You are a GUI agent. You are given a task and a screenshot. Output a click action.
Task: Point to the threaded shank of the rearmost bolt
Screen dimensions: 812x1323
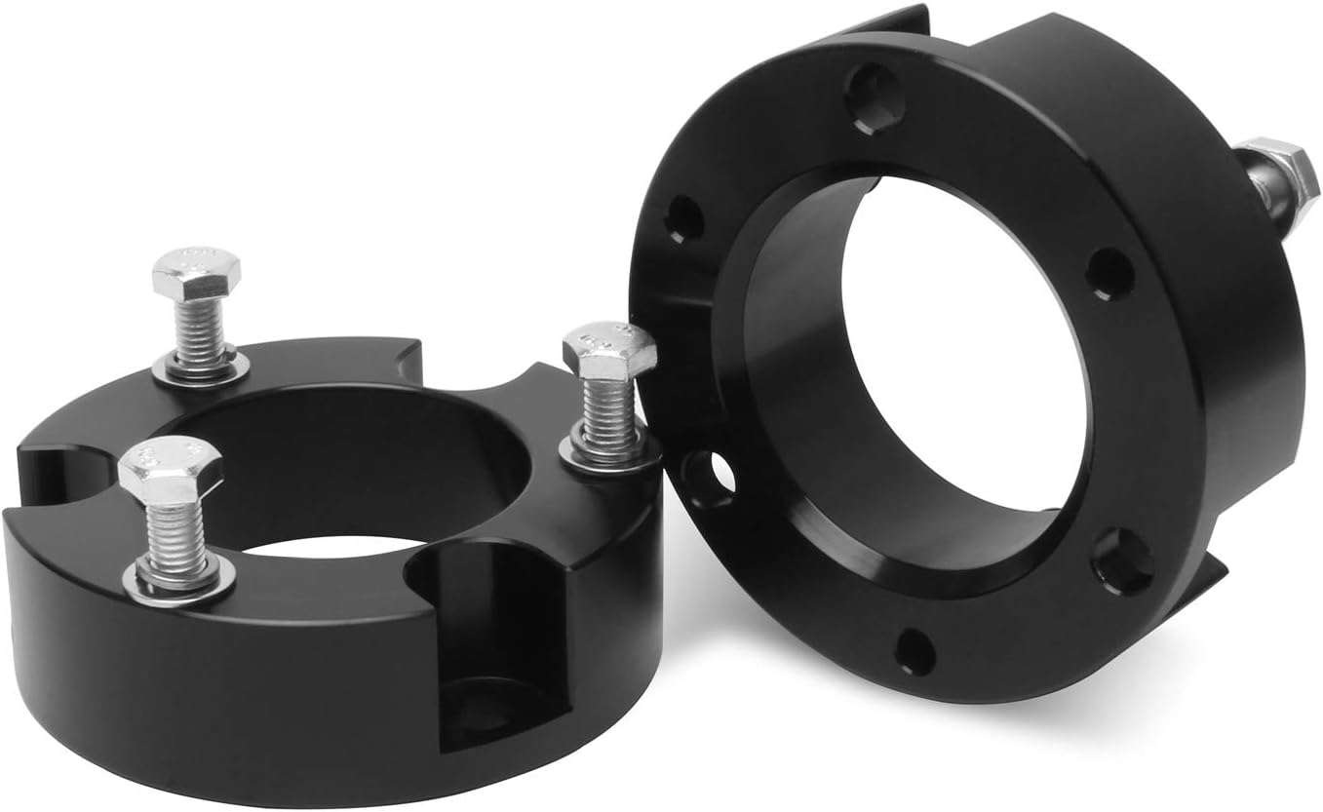point(201,326)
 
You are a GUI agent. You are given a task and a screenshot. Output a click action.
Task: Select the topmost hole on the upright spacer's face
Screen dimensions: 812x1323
point(873,96)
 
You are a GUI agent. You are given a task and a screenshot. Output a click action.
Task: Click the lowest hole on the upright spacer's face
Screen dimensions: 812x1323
point(914,651)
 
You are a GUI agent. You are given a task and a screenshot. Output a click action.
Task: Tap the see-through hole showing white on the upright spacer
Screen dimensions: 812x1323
point(709,477)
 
